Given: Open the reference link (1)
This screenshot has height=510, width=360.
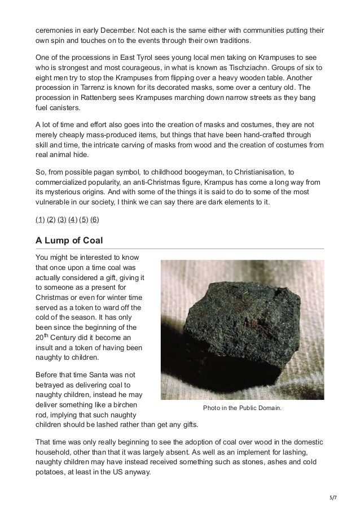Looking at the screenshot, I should coord(39,219).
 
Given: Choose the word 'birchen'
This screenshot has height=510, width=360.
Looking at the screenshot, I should coord(125,405).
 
